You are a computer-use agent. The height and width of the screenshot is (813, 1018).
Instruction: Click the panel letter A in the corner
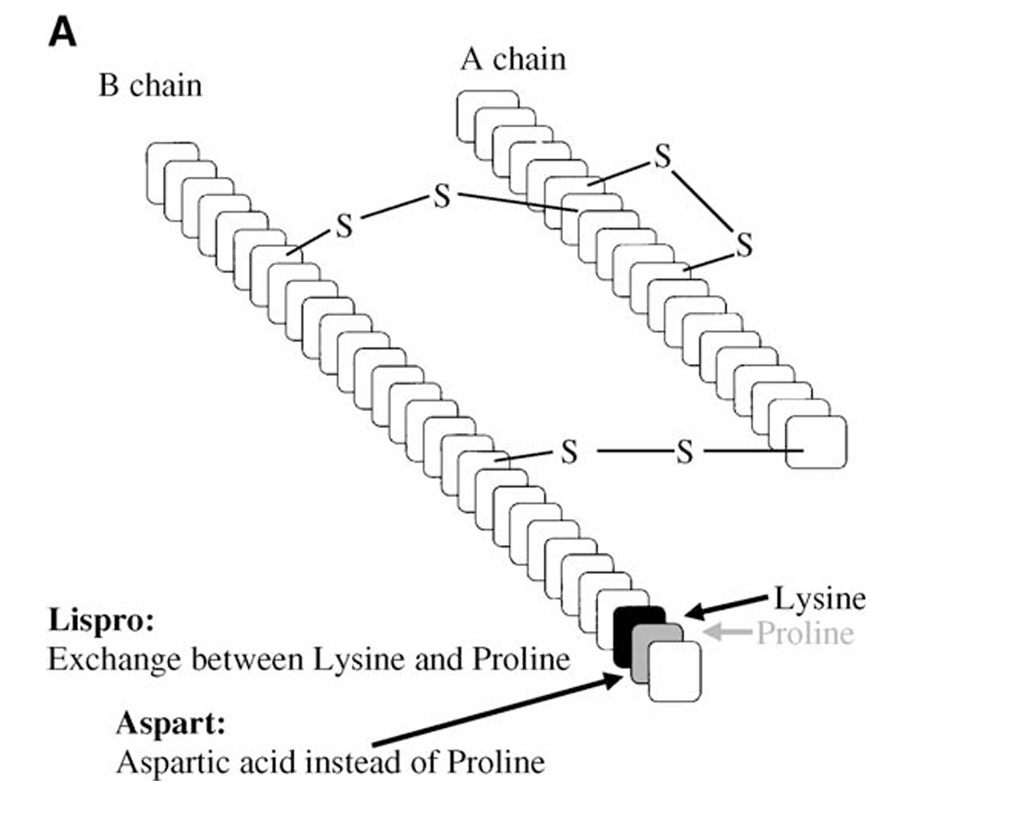tap(62, 32)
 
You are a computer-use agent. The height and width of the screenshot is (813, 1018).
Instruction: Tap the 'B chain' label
tap(150, 86)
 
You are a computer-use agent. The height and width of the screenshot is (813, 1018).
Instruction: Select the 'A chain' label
tap(513, 59)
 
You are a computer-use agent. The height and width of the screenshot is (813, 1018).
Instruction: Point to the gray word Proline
tap(805, 633)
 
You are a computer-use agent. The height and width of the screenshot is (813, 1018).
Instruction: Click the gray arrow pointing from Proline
tap(727, 632)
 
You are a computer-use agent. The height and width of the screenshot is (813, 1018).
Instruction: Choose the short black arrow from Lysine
tap(726, 607)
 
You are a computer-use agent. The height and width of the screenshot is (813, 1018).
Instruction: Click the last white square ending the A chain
tap(816, 442)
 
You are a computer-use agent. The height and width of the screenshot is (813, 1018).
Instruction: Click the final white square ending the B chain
tap(675, 671)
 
